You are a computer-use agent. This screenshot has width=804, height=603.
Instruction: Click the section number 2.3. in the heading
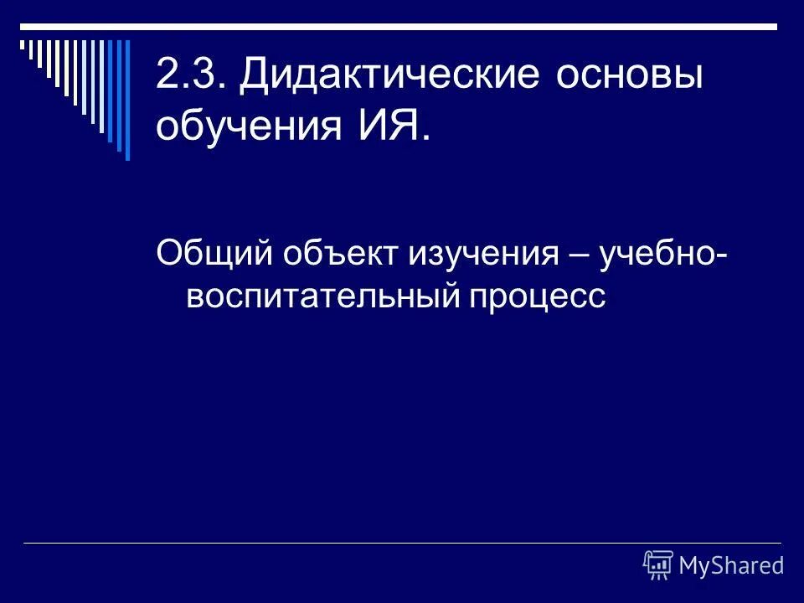[190, 77]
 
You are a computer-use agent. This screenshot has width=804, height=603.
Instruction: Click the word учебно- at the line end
[662, 254]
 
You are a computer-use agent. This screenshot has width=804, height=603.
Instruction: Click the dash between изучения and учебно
[577, 254]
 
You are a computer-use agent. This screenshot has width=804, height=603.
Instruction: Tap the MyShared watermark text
[731, 565]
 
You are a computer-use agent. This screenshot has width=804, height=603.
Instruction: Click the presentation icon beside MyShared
[658, 565]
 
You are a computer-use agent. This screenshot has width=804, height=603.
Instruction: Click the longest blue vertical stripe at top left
[127, 99]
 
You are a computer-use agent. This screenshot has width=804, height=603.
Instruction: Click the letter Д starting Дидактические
[255, 78]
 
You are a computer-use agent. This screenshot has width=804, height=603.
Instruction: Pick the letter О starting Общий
[168, 254]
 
